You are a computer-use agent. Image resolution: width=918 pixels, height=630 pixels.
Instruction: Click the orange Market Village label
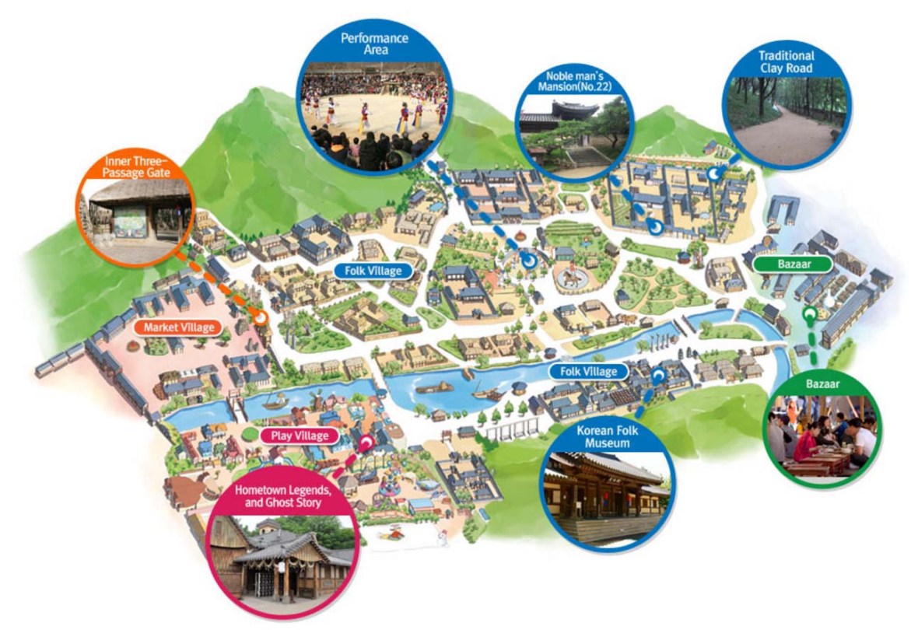pyautogui.click(x=178, y=327)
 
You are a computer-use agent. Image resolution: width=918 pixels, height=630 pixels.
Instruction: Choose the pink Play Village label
pyautogui.click(x=300, y=436)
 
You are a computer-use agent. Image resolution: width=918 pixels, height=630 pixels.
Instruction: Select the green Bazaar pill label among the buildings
pyautogui.click(x=793, y=264)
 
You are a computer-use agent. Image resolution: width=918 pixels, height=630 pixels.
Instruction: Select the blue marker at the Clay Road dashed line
pyautogui.click(x=713, y=176)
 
